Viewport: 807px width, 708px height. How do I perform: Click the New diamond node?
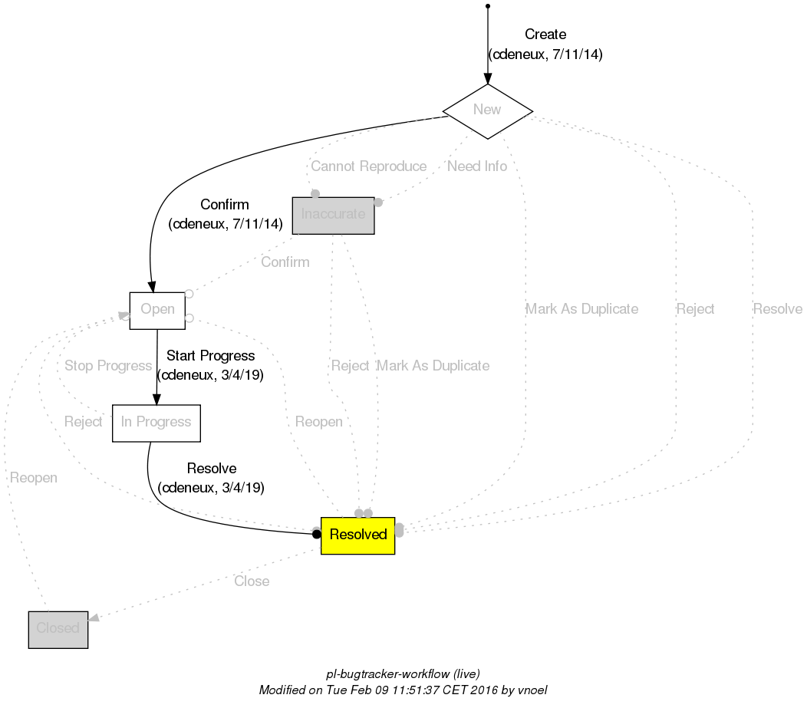[x=487, y=110]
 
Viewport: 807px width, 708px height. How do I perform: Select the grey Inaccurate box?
[x=333, y=215]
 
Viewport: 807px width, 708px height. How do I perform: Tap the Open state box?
[x=156, y=310]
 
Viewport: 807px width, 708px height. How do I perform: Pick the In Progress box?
[x=156, y=423]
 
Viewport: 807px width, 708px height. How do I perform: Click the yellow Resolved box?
[x=357, y=535]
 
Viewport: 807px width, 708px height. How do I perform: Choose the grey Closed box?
[x=58, y=629]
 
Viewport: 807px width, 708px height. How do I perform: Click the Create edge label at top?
[x=545, y=35]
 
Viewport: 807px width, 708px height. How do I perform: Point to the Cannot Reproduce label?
[x=368, y=166]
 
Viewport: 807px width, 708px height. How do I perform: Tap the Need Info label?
[x=476, y=166]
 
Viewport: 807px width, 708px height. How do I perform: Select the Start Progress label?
[x=210, y=357]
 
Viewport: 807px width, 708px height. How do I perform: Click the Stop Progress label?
[x=107, y=366]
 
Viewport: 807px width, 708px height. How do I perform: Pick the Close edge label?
[x=252, y=581]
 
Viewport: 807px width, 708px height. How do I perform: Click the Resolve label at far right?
[x=777, y=309]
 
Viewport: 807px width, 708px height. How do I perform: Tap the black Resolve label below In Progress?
[x=211, y=469]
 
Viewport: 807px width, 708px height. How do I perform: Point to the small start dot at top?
[x=488, y=7]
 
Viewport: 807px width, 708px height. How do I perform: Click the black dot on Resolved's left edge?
[x=316, y=534]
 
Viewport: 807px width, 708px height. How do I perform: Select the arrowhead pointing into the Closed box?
[x=94, y=617]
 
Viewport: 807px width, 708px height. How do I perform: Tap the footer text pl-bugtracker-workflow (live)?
[x=403, y=674]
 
